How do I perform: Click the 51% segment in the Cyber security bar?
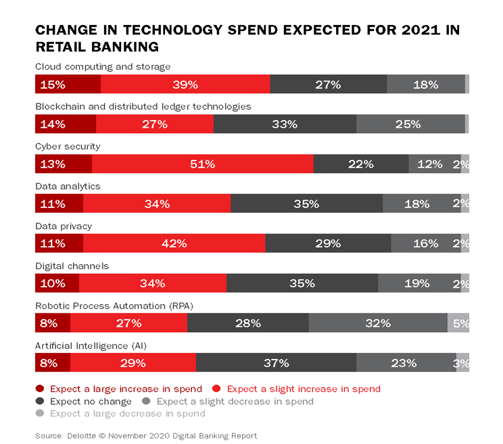point(203,164)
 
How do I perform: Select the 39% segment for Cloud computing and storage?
point(185,84)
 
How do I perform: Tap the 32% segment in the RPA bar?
point(378,323)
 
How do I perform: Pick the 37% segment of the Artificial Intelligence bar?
point(276,363)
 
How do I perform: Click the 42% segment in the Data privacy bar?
point(174,244)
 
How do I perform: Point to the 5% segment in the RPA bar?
point(458,323)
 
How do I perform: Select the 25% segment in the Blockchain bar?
point(410,124)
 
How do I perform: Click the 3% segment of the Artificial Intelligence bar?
point(463,363)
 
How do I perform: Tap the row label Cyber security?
point(68,146)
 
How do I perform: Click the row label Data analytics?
point(68,186)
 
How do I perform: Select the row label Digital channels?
point(71,266)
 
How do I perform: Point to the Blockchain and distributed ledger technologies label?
point(143,106)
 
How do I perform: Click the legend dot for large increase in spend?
point(40,389)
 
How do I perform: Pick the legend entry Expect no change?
point(87,401)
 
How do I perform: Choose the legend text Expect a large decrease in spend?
point(128,413)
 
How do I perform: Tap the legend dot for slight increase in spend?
point(217,389)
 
